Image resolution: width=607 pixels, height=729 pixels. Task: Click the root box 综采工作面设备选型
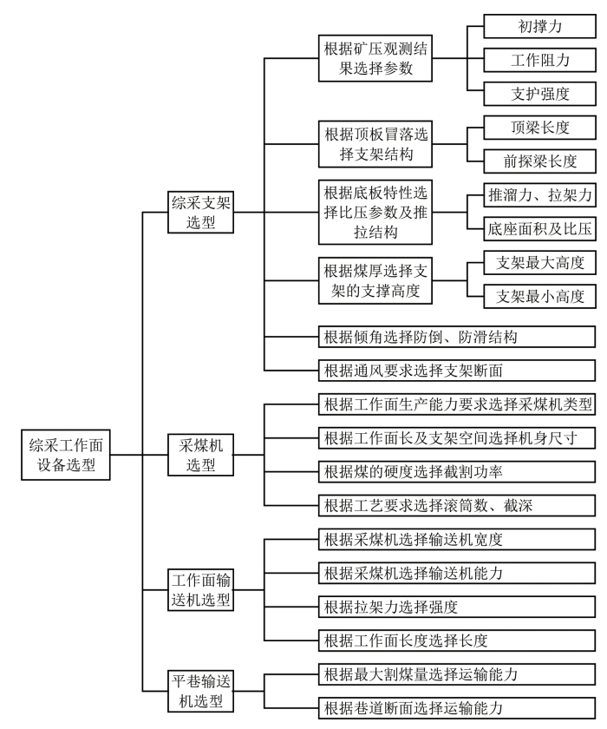point(66,453)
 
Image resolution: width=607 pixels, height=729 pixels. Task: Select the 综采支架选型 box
point(202,211)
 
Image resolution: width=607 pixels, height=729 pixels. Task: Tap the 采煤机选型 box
point(202,453)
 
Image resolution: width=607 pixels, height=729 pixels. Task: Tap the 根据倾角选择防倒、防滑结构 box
point(456,337)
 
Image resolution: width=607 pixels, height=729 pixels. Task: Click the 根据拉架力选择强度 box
point(456,607)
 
